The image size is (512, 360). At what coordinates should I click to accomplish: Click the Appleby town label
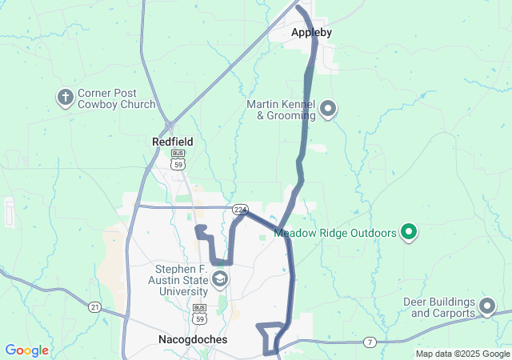coord(311,33)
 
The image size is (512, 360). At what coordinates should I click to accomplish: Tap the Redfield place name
coord(173,142)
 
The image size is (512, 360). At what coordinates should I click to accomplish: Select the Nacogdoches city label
coord(188,340)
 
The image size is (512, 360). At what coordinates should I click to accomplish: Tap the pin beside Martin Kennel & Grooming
coord(327,110)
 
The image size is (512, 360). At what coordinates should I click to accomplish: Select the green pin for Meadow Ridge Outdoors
coord(409,233)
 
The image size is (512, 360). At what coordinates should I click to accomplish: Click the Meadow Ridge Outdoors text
coord(335,234)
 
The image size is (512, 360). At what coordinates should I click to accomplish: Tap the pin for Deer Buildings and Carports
coord(486,306)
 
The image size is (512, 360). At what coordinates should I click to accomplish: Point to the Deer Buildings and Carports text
coord(442,307)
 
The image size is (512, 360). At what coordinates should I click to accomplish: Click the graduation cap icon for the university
coord(219,280)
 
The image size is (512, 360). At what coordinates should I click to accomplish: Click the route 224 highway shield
coord(239,210)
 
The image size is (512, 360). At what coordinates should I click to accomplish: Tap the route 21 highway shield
coord(94,306)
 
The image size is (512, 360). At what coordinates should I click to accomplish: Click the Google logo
coord(26,350)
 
